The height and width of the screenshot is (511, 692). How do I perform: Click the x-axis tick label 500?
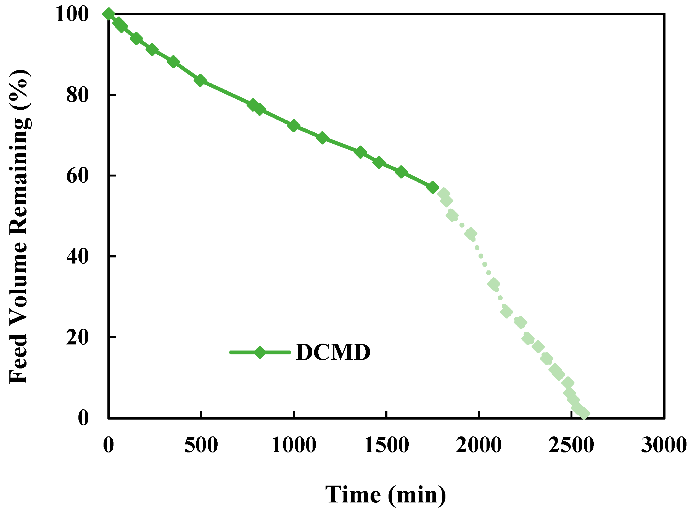click(201, 446)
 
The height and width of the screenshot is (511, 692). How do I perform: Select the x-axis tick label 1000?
click(294, 446)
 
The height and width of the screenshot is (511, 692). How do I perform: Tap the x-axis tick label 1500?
click(386, 446)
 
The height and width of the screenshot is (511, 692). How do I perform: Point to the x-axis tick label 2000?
click(479, 446)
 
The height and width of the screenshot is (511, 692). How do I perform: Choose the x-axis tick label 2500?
click(571, 446)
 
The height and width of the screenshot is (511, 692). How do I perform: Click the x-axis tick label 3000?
click(664, 446)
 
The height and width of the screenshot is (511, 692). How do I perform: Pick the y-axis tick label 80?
click(78, 95)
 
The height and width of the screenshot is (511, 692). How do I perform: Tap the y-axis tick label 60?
click(78, 176)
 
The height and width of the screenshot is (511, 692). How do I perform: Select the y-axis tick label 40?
click(78, 256)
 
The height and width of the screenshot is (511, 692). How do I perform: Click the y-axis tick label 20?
click(78, 337)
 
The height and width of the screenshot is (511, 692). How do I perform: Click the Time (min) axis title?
click(385, 495)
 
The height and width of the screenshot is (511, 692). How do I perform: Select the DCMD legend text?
click(333, 352)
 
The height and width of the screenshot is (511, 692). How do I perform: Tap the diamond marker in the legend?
click(260, 352)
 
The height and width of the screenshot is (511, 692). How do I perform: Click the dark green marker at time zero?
click(109, 14)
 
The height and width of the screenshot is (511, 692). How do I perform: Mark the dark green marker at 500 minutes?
click(200, 80)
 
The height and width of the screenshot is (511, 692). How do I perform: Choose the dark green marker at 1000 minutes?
click(294, 126)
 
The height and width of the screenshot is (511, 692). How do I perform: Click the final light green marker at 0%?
click(584, 414)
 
